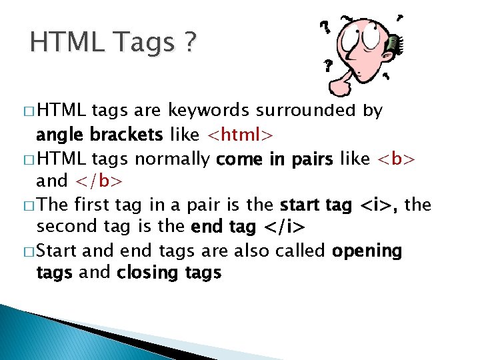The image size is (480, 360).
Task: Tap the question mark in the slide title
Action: pyautogui.click(x=189, y=44)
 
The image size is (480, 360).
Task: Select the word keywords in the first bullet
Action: pyautogui.click(x=207, y=111)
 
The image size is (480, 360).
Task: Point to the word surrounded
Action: pyautogui.click(x=304, y=111)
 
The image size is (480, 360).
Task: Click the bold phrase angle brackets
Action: pyautogui.click(x=99, y=135)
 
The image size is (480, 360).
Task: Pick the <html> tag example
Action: pyautogui.click(x=239, y=135)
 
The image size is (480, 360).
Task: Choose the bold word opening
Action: pyautogui.click(x=367, y=251)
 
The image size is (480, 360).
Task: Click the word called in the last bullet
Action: pyautogui.click(x=301, y=251)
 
